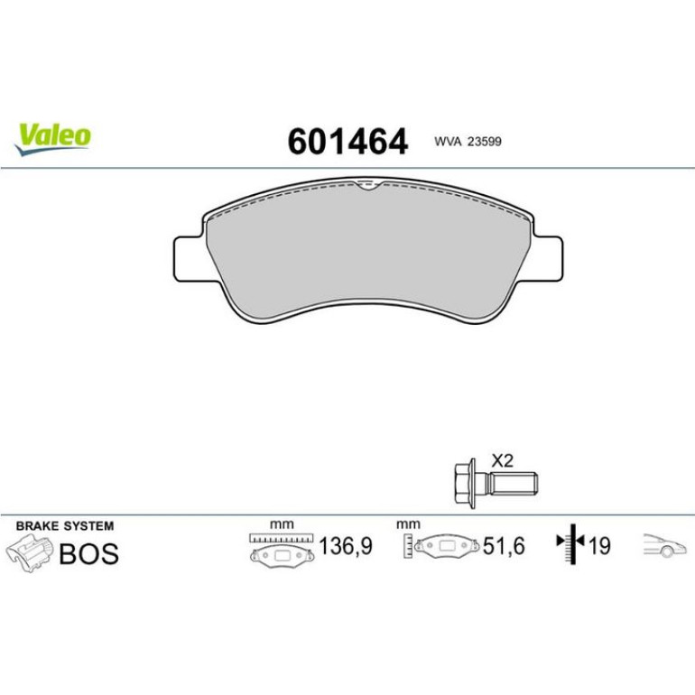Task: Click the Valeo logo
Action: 52,139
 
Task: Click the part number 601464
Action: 347,142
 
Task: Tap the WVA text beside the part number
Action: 448,142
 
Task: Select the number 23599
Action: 485,142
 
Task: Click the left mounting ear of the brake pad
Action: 190,259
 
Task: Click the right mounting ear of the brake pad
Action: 548,258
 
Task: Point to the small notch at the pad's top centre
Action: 367,185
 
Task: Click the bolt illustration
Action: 496,484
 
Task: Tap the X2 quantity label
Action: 502,461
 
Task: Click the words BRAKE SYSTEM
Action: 65,526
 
